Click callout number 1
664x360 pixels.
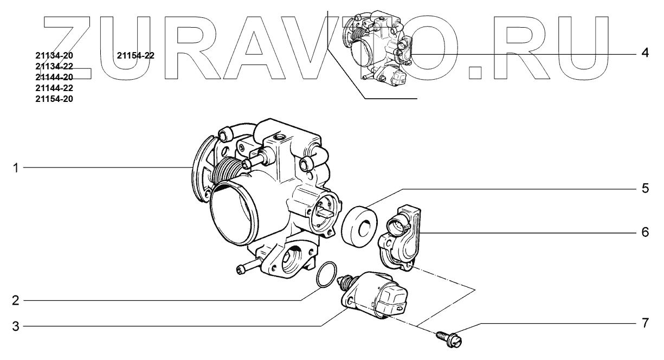pos(16,168)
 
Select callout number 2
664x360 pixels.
pos(15,301)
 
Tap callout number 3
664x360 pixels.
pos(15,326)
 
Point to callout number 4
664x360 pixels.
pos(645,53)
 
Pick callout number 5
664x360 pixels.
pos(646,188)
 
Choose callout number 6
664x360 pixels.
pos(646,232)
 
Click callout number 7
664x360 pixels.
pos(646,323)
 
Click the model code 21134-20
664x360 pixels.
pos(54,55)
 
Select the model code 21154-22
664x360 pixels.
pos(136,55)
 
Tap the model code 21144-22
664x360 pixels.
pos(54,88)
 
